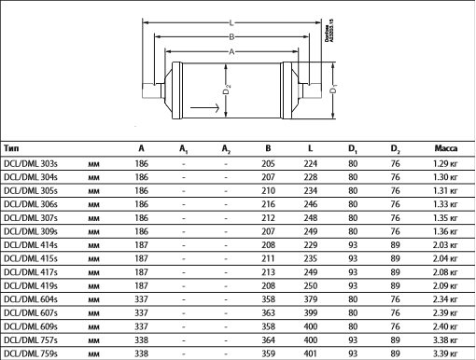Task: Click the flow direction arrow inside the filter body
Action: (x=204, y=108)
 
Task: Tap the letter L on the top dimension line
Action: (x=231, y=22)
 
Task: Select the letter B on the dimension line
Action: (x=231, y=37)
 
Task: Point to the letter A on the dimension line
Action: (x=231, y=51)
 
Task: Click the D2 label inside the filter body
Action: (x=227, y=90)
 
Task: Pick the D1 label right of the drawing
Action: (x=333, y=90)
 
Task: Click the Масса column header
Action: (x=446, y=148)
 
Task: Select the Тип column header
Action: (x=11, y=148)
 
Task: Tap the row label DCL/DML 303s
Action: (x=31, y=163)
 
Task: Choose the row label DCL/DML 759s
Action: (x=31, y=353)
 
